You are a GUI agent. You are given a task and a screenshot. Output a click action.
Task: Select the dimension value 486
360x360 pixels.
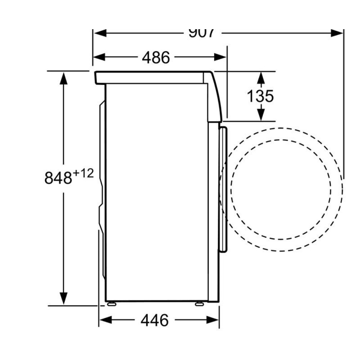coord(156,57)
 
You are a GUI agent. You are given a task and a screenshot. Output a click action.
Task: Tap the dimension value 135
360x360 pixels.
coord(260,96)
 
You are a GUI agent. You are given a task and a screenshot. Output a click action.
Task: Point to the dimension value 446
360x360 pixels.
coord(154,320)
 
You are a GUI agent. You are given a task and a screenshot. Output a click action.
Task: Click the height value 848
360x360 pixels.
coord(58,178)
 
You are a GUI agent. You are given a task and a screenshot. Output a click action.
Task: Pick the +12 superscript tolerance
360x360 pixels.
coord(83,174)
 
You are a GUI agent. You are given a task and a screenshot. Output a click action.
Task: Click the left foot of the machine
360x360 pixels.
coord(112,304)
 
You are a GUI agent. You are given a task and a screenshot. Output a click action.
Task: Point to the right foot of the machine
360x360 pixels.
coord(199,304)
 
